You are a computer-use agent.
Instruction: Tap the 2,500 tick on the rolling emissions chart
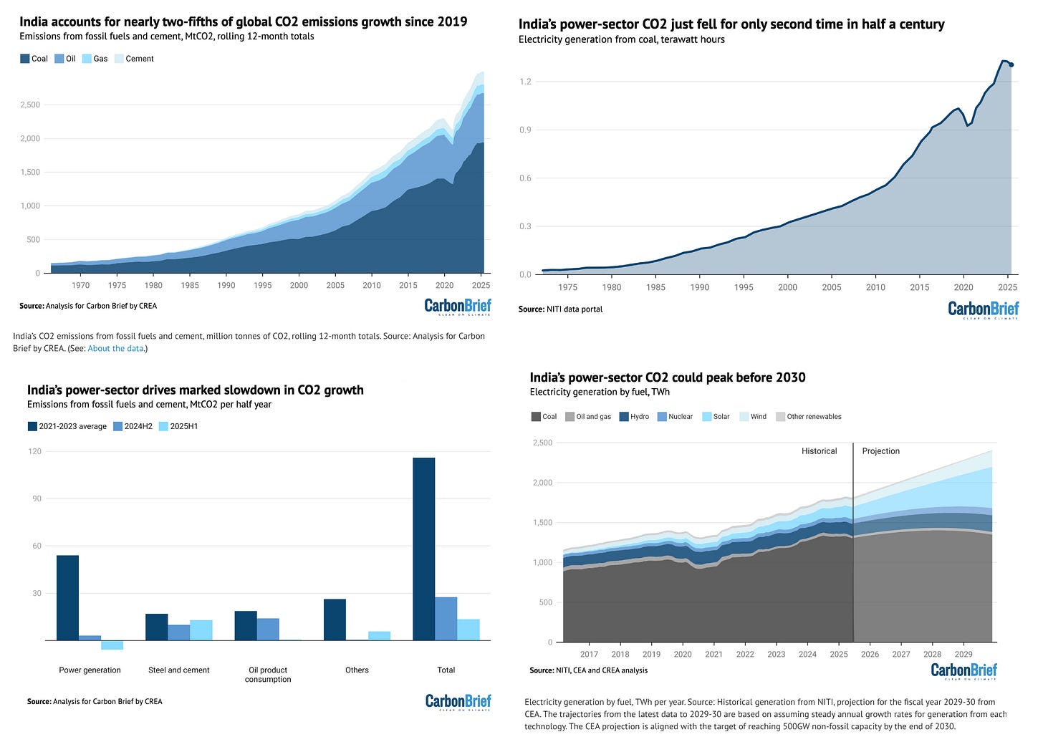[29, 105]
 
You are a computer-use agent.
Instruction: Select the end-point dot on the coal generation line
[1011, 64]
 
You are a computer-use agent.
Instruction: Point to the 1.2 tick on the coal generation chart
[525, 82]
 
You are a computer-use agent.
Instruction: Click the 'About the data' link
[116, 349]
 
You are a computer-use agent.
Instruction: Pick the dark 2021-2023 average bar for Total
[423, 549]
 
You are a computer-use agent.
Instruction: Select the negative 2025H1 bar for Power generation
[112, 645]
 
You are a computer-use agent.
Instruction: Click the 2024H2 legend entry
[137, 426]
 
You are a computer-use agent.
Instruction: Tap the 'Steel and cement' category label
[179, 670]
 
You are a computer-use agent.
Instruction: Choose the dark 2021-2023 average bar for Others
[335, 620]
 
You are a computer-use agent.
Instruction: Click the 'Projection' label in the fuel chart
[880, 451]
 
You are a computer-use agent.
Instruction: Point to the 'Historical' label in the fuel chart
[819, 451]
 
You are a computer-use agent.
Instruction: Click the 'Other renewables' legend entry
[813, 416]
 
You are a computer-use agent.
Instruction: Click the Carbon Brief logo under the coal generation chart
[983, 310]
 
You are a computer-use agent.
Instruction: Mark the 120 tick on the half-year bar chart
[35, 452]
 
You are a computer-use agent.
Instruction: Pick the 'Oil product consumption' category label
[268, 675]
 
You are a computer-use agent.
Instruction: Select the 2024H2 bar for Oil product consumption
[268, 629]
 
